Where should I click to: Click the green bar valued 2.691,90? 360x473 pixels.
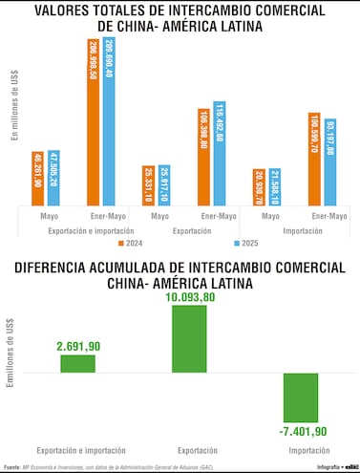78,363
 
